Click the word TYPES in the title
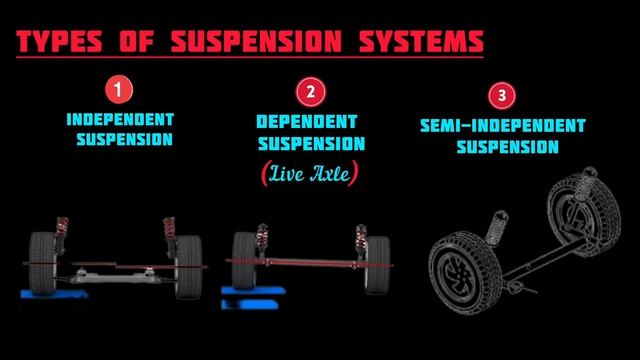[x=59, y=41]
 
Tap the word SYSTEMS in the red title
[x=421, y=41]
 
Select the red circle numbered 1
[x=119, y=89]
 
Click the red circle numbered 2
[x=311, y=92]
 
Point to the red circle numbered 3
[x=502, y=96]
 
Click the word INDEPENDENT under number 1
[x=120, y=120]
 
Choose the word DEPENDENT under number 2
[x=307, y=122]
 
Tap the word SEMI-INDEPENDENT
[x=503, y=125]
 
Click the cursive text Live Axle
[x=310, y=173]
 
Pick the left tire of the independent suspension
[x=42, y=263]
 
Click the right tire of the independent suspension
[x=189, y=266]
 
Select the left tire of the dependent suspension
[x=244, y=260]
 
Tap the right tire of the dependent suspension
[x=377, y=265]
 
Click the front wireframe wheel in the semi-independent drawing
[x=465, y=273]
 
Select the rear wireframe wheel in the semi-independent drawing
[x=584, y=211]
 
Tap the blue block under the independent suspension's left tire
[x=54, y=294]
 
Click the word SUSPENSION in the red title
[x=256, y=41]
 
